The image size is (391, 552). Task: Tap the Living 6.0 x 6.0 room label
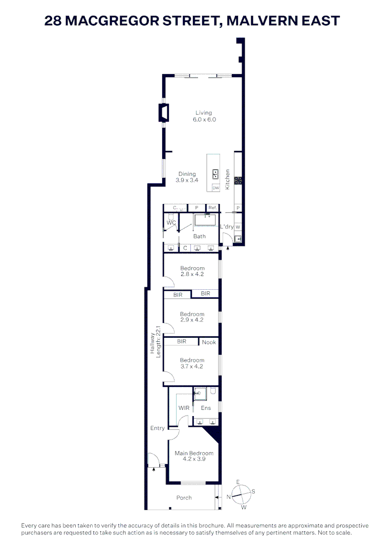(x=203, y=117)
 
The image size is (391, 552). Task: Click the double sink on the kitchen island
(x=215, y=173)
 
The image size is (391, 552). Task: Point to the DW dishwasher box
(x=215, y=188)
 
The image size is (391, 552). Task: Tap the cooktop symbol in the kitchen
(x=238, y=180)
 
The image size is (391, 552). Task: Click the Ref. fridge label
(x=212, y=208)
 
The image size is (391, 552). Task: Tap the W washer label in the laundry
(x=238, y=226)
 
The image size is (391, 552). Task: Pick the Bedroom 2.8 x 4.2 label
(x=192, y=271)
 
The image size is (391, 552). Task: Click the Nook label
(x=209, y=342)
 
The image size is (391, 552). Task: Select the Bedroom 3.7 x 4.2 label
(x=192, y=363)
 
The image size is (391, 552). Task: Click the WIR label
(x=184, y=408)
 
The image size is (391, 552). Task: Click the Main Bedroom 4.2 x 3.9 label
(x=194, y=456)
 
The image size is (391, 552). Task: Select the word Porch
(x=184, y=497)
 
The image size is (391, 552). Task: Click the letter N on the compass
(x=230, y=496)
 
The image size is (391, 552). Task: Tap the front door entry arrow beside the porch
(x=153, y=469)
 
